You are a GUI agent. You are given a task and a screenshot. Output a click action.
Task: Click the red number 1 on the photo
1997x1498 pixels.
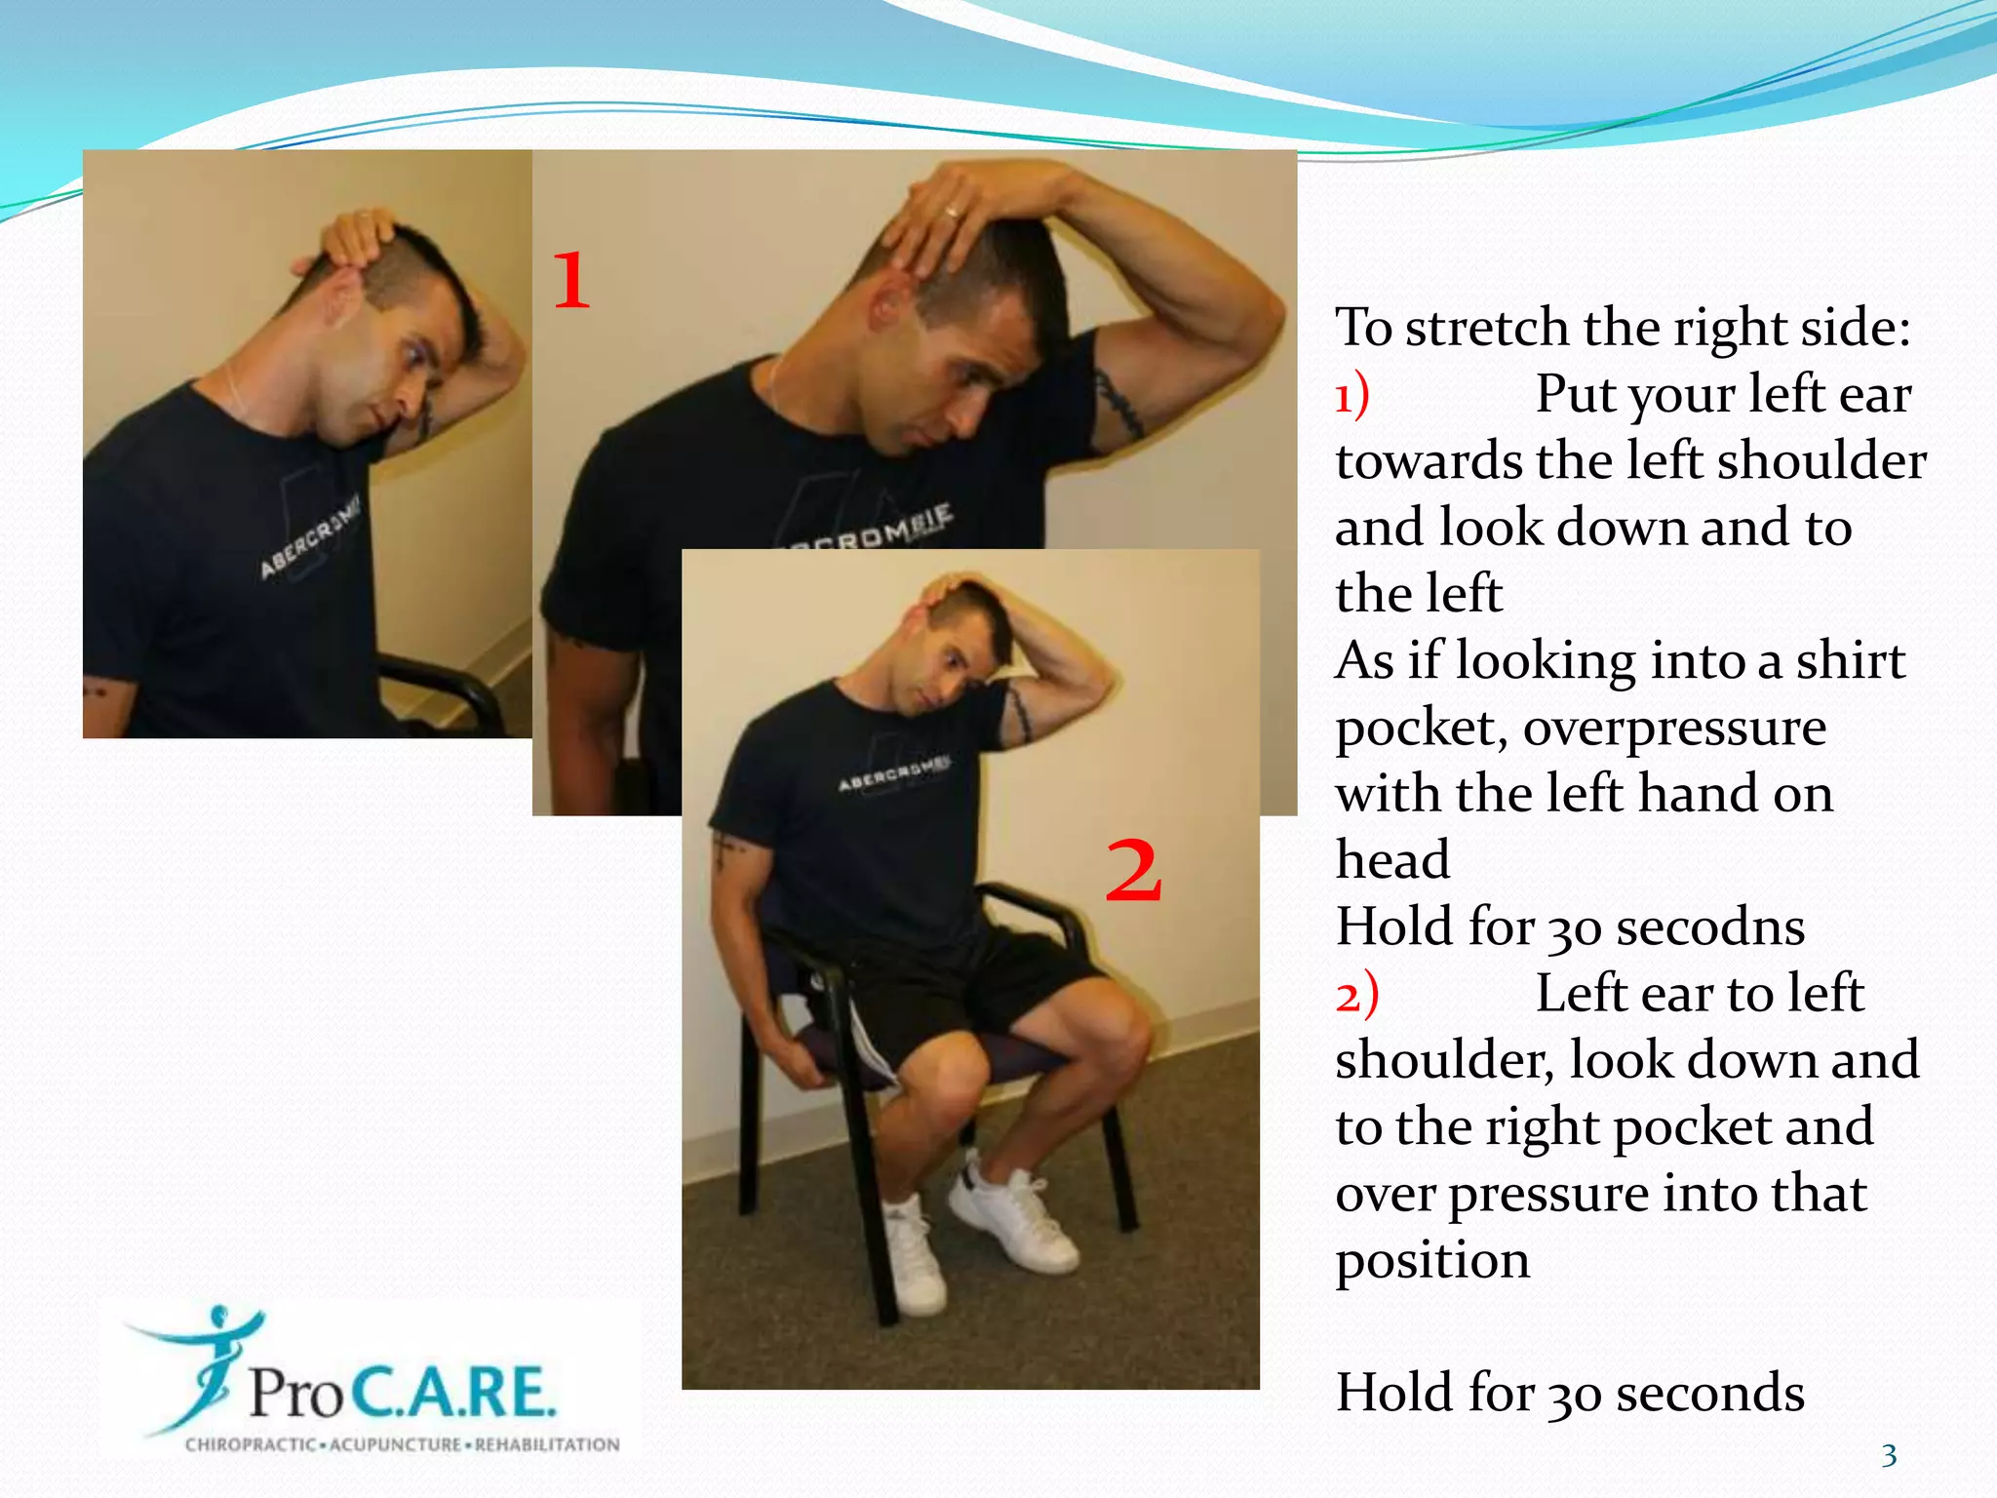(572, 280)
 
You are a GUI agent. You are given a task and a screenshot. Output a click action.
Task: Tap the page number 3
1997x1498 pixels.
(1889, 1456)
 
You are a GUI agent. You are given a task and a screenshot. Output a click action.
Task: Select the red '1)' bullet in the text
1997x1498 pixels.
(1352, 396)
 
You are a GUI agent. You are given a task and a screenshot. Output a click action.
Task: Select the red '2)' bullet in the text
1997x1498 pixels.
(1356, 996)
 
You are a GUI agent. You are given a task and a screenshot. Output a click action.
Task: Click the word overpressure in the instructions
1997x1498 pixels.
(1674, 728)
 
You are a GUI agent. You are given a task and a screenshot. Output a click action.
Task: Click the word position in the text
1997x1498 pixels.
(1431, 1261)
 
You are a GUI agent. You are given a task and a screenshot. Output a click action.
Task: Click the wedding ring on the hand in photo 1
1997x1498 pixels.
(951, 211)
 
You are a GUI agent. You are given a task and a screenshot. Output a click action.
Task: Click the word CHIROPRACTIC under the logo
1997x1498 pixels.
(250, 1444)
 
